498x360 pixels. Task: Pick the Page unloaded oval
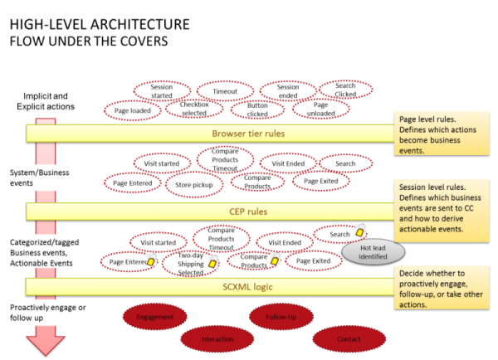coord(321,109)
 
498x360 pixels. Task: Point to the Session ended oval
coord(287,90)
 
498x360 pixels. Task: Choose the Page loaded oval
coord(132,109)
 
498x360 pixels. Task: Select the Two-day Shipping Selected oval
coord(190,263)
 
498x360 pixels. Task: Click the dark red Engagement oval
coord(155,316)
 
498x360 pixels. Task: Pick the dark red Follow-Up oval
coord(281,316)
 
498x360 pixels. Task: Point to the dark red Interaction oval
coord(217,338)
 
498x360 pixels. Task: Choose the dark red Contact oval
coord(349,338)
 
